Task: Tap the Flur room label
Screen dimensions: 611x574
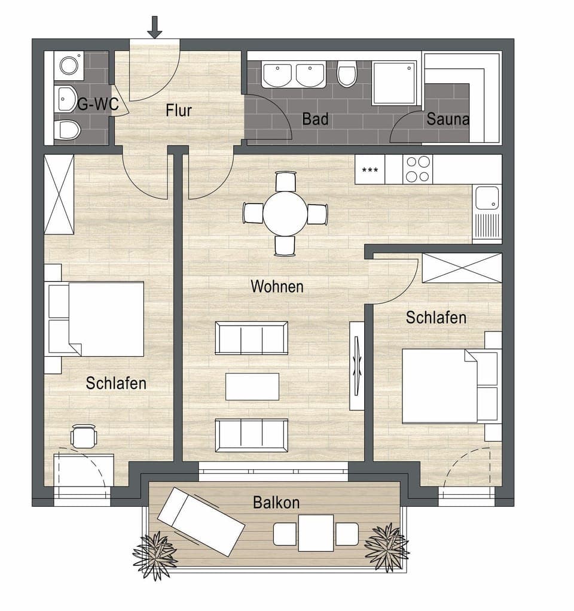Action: tap(179, 110)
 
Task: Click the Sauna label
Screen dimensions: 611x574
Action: tap(448, 119)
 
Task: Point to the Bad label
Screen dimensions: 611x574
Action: tap(315, 119)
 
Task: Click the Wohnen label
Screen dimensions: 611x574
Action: tap(277, 286)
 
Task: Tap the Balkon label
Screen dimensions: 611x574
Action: tap(276, 502)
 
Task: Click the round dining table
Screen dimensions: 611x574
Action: tap(285, 214)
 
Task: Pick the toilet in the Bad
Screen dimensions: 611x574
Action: tap(347, 74)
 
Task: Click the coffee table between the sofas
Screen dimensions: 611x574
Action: tap(252, 386)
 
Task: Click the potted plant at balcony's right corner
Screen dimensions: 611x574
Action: tap(386, 546)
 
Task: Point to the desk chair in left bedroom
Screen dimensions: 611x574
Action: tap(84, 436)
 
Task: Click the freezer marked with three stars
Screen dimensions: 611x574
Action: tap(370, 169)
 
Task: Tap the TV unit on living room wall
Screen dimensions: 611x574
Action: tap(357, 365)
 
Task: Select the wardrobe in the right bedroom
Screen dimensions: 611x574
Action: tap(462, 267)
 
